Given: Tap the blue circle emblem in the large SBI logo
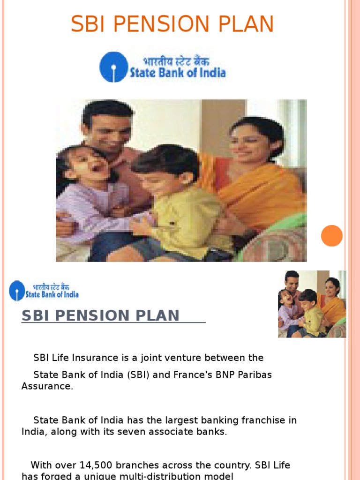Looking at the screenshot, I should coord(114,67).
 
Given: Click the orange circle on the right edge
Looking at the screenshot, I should coord(332,235).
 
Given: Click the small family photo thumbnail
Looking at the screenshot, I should coord(312,304).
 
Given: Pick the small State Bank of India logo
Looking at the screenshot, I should coord(44,291).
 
